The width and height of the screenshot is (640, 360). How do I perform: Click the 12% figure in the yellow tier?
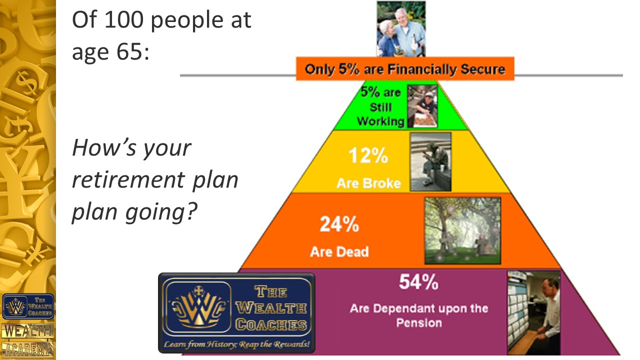pos(368,155)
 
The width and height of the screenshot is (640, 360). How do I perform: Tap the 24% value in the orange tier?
pos(339,224)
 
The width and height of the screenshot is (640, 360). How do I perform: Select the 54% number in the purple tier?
pos(418,282)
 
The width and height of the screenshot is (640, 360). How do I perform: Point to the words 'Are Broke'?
pos(368,183)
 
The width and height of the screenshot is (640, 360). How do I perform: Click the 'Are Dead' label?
pos(339,251)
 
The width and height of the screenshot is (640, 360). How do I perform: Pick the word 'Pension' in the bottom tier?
pos(419,323)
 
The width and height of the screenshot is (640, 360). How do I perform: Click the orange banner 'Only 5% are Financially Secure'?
pos(405,68)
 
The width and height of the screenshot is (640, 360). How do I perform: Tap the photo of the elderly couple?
pos(401,29)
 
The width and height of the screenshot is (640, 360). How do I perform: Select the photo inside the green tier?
pos(422,106)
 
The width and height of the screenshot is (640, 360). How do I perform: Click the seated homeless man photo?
pos(430,161)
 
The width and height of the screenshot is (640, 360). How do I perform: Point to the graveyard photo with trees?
pos(463,230)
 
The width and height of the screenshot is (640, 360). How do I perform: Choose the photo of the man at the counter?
pos(533,313)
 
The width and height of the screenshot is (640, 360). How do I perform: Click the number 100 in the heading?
pos(123,19)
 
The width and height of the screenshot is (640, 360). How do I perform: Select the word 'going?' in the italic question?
pos(161,213)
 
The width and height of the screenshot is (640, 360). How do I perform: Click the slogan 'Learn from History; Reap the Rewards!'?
pos(236,344)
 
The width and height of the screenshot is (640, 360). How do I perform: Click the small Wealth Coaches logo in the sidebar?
pos(28,306)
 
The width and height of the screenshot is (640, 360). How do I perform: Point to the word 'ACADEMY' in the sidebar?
pos(28,349)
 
